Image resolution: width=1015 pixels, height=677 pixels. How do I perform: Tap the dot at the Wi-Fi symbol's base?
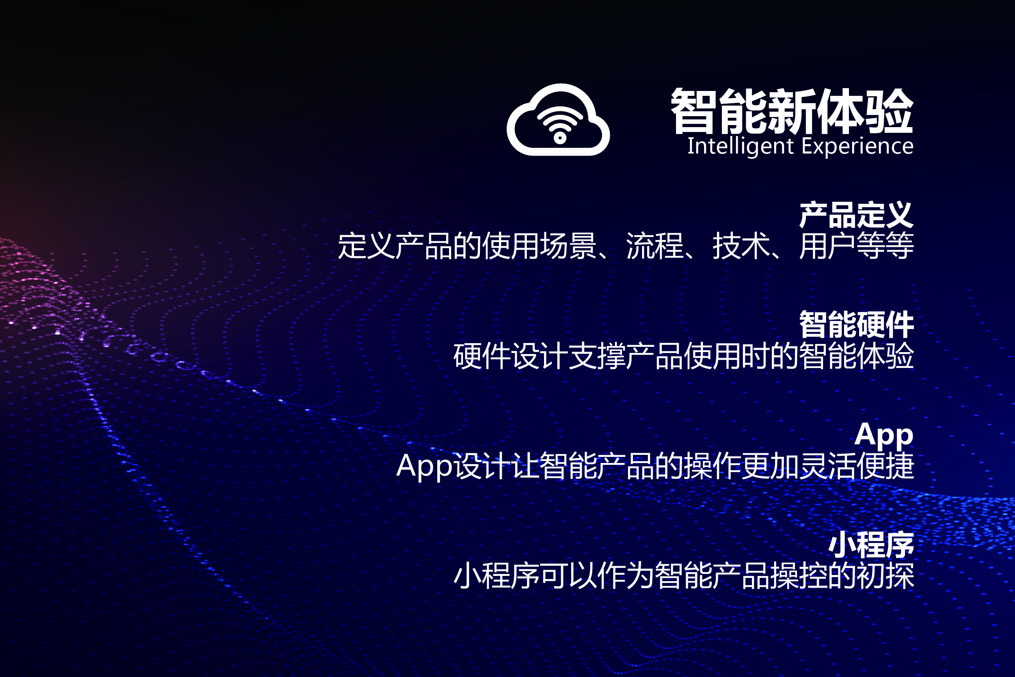(x=560, y=138)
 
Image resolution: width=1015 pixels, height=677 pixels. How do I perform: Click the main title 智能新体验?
(x=792, y=111)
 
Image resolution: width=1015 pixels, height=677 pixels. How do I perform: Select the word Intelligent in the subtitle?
(x=740, y=146)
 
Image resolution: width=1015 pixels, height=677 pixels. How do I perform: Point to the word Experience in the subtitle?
(x=857, y=146)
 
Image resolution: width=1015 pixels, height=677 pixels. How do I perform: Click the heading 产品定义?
(x=856, y=214)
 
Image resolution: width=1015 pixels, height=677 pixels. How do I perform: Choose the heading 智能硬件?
(x=856, y=324)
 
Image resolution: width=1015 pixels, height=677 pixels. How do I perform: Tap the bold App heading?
(x=884, y=435)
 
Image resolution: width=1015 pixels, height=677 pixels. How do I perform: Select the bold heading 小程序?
(x=871, y=545)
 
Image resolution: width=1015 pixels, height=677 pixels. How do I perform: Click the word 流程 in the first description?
(x=654, y=246)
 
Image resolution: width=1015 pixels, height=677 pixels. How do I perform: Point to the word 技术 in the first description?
(x=741, y=246)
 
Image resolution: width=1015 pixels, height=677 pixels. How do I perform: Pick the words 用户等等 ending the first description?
(x=857, y=246)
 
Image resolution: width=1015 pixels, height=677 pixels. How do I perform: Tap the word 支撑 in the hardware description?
(x=597, y=356)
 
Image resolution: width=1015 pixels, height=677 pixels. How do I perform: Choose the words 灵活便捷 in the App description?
(x=857, y=466)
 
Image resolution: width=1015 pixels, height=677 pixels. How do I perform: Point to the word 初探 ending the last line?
(x=885, y=575)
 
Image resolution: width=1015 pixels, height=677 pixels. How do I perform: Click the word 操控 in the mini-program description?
(x=799, y=575)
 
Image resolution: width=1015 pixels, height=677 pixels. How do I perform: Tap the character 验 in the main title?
(x=890, y=111)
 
